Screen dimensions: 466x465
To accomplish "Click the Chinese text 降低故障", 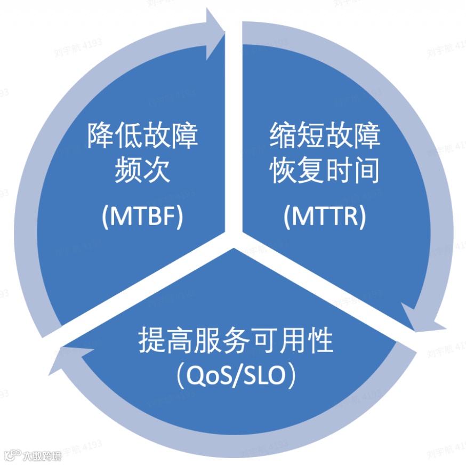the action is pos(142,137).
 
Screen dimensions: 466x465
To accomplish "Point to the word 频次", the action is pos(142,172).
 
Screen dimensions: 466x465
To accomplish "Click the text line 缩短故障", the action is pos(325,137).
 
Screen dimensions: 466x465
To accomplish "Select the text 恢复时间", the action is pos(325,172).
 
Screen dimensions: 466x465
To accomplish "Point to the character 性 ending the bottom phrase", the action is pos(319,341).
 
